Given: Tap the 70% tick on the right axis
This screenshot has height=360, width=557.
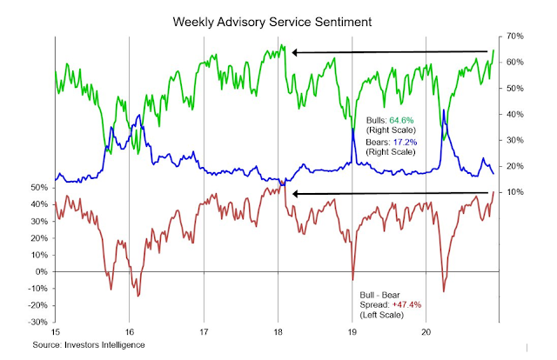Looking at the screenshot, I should coord(513,37).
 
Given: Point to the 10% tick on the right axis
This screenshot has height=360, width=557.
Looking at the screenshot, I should coord(513,191).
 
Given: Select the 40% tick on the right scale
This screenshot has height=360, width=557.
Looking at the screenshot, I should coord(513,114).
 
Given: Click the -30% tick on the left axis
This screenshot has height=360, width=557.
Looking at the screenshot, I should coord(37,322).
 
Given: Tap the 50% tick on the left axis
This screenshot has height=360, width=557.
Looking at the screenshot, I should coord(39,188).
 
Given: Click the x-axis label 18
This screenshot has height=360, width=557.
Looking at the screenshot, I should coord(278,333).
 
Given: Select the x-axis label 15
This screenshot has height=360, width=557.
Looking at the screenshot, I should coord(55,333).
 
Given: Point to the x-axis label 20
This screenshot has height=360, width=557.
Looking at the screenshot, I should coord(426,333).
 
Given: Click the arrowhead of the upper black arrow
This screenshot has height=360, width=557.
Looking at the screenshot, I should coord(295,53).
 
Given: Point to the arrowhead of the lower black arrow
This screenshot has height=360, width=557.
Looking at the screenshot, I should coord(295,193).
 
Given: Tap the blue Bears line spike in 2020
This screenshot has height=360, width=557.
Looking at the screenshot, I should coord(444,110).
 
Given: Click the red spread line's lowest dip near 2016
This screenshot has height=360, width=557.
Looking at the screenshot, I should coord(138,296).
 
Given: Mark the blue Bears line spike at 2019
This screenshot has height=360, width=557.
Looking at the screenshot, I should coord(353,130).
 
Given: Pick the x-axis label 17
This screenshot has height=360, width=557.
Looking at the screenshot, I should coord(204,333).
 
